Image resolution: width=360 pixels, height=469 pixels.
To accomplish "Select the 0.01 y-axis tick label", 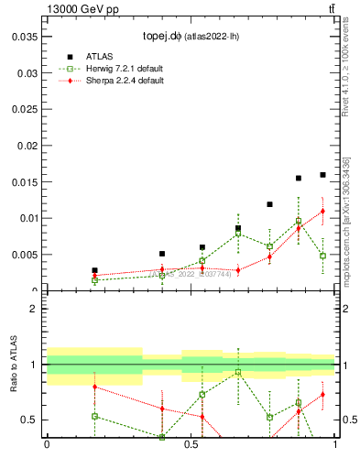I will (x=27, y=218).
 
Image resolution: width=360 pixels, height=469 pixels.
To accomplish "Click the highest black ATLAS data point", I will (x=322, y=175).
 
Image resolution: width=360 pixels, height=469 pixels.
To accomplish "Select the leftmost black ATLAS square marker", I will (x=94, y=271).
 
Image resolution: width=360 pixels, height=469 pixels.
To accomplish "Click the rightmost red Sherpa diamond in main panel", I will (x=322, y=212).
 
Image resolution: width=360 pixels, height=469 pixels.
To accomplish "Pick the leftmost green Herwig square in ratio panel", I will (x=94, y=416).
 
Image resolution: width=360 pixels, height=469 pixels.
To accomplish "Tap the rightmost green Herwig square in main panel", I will (x=322, y=256).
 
